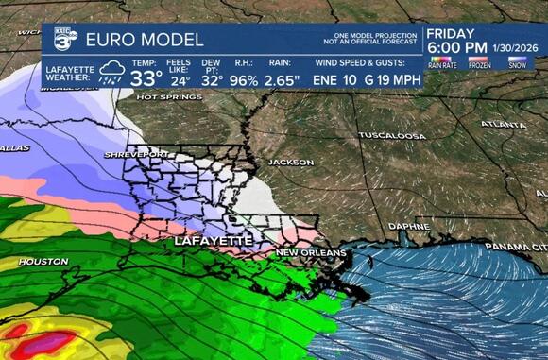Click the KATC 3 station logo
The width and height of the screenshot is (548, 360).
point(64,40)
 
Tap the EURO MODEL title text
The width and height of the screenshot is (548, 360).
point(144,40)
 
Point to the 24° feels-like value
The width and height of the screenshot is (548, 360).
point(180,79)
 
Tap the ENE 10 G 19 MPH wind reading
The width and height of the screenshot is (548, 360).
point(367,79)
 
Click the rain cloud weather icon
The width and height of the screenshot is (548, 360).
point(112,73)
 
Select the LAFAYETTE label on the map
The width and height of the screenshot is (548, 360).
point(214,241)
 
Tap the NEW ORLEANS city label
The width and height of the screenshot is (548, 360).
point(308,253)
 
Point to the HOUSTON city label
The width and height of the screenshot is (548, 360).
point(43,261)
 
